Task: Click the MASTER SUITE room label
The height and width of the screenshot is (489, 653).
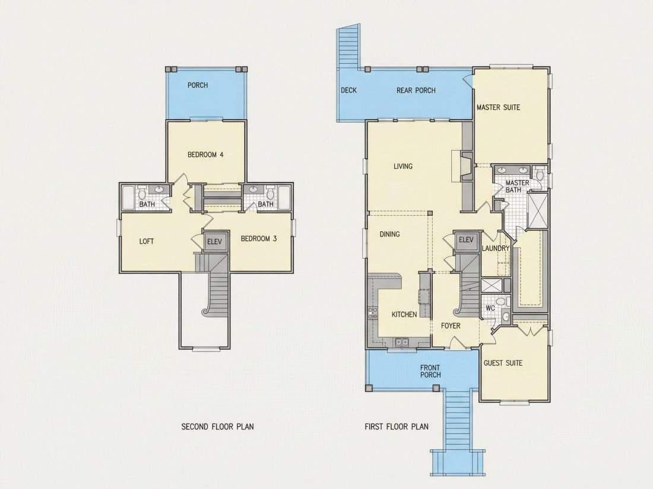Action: tap(498, 107)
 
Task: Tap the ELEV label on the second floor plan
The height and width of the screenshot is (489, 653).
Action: tap(214, 242)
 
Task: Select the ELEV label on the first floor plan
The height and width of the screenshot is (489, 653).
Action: tap(466, 239)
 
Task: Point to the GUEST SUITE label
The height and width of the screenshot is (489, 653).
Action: tap(503, 363)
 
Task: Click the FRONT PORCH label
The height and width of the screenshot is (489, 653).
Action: tap(430, 371)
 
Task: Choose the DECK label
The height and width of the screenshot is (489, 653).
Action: tap(348, 90)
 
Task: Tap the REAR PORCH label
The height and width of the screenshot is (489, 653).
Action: tap(416, 90)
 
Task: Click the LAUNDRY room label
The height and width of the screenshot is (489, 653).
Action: tap(496, 248)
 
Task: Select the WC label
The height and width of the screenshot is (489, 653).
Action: tap(490, 309)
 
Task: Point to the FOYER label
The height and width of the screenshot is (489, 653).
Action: tap(451, 325)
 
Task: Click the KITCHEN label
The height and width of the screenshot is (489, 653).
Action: tap(404, 314)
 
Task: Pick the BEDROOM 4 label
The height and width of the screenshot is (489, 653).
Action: tap(205, 155)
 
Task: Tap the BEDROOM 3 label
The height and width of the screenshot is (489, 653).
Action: tap(259, 239)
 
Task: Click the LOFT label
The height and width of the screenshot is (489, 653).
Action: tap(146, 241)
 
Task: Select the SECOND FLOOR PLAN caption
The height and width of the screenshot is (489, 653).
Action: tap(217, 427)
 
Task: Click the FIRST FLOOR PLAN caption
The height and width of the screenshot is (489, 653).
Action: tap(397, 427)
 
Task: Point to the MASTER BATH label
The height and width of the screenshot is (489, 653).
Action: tap(517, 186)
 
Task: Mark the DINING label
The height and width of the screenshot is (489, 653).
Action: tap(389, 234)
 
